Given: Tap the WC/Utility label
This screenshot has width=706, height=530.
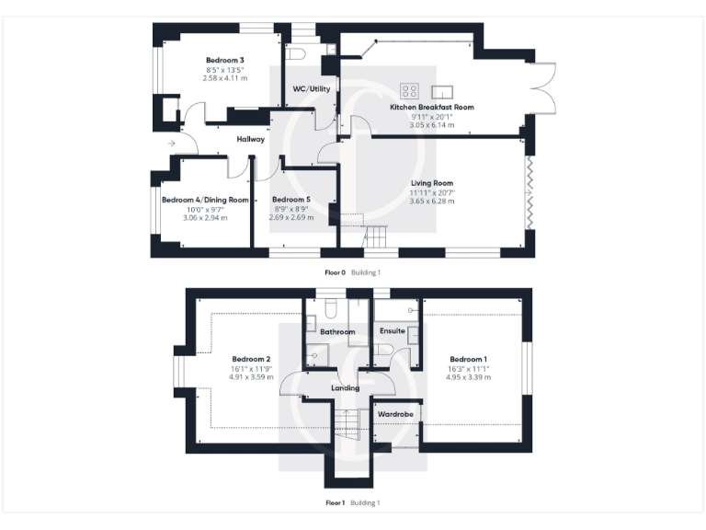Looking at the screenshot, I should (312, 89).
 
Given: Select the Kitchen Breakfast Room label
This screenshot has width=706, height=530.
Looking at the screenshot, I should (432, 108).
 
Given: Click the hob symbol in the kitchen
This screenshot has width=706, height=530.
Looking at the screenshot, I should (410, 90).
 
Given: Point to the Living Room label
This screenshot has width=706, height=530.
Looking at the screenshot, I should (432, 183).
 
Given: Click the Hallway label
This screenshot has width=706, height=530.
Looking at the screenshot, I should (251, 140).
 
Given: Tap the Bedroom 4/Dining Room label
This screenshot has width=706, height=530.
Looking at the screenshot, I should (205, 200).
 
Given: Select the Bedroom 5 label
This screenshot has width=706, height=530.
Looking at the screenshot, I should (291, 200).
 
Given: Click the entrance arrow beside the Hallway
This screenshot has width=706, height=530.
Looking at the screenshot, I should (171, 144).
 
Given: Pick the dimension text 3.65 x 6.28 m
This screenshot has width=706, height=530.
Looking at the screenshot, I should (432, 202).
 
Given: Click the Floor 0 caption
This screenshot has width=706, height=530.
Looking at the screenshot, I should (335, 272).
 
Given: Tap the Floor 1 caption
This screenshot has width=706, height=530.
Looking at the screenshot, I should (335, 503).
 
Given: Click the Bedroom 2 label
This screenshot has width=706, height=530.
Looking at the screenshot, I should (251, 359).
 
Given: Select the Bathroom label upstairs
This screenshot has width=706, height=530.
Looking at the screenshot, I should (337, 331).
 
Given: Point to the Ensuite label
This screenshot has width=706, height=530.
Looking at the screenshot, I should (393, 331).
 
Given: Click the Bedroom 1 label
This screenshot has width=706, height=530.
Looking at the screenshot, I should (469, 359).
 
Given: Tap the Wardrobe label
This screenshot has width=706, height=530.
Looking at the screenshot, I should (396, 415).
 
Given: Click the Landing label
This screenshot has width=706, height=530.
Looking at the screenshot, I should (345, 388).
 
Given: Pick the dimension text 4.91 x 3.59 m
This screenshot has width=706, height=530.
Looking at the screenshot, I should (251, 377).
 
